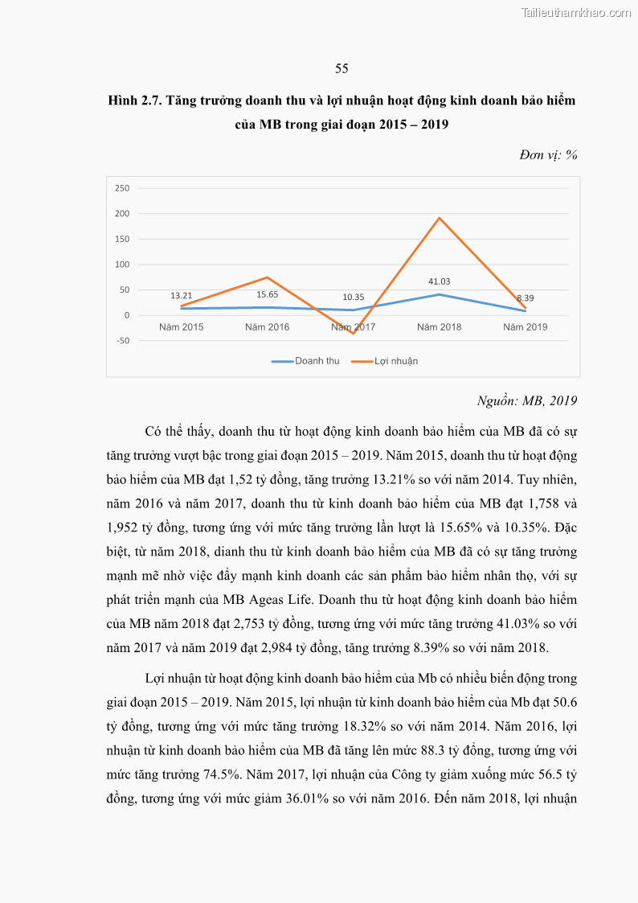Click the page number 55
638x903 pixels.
(x=341, y=68)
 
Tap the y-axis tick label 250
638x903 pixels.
(x=122, y=188)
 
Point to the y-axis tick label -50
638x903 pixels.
(x=122, y=341)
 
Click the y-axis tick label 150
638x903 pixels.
(x=122, y=239)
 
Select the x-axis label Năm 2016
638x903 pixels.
(x=267, y=327)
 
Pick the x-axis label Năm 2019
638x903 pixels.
(x=525, y=327)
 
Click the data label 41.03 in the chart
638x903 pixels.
(x=439, y=281)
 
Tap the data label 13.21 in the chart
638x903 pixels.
(x=181, y=296)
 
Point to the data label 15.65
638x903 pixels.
(x=267, y=294)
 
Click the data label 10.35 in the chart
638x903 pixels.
(x=353, y=298)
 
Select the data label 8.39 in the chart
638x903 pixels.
(x=525, y=298)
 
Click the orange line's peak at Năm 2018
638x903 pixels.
(x=439, y=218)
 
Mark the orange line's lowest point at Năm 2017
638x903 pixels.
(x=353, y=333)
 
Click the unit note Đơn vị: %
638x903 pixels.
(x=549, y=155)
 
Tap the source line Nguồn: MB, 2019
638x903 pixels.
(x=527, y=400)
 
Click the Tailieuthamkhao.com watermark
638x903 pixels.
(x=576, y=12)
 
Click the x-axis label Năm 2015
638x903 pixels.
(x=181, y=327)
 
